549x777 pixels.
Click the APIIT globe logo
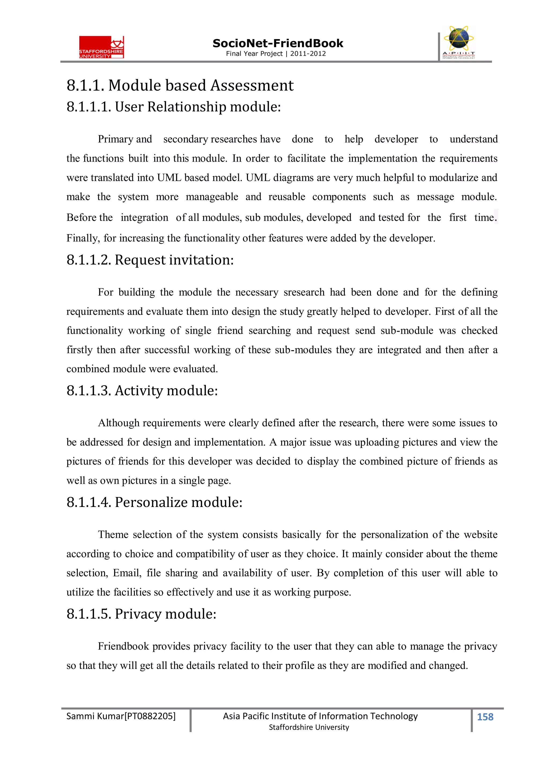(x=458, y=42)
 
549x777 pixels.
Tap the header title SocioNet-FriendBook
(x=277, y=43)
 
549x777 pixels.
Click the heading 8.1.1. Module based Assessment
(x=180, y=85)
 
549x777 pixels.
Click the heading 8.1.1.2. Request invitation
(x=150, y=260)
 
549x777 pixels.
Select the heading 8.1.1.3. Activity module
(x=142, y=391)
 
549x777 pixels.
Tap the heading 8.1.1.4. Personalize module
(x=154, y=502)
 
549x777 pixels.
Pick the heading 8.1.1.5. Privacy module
(x=141, y=614)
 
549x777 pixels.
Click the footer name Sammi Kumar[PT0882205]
(x=121, y=716)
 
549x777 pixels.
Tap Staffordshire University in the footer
(x=309, y=727)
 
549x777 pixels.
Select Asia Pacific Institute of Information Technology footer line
(x=320, y=716)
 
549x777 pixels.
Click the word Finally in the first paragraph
(x=83, y=238)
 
